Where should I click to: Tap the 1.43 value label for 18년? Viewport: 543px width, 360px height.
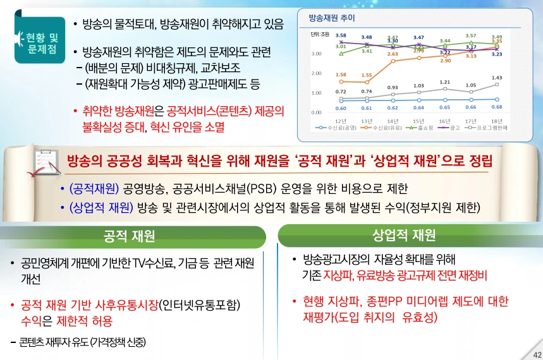[497, 78]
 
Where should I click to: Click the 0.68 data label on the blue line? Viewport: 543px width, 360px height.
[497, 107]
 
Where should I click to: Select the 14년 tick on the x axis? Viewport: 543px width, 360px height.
[393, 120]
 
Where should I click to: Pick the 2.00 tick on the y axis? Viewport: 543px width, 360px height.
[317, 73]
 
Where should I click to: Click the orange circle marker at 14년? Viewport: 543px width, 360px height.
[393, 62]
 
